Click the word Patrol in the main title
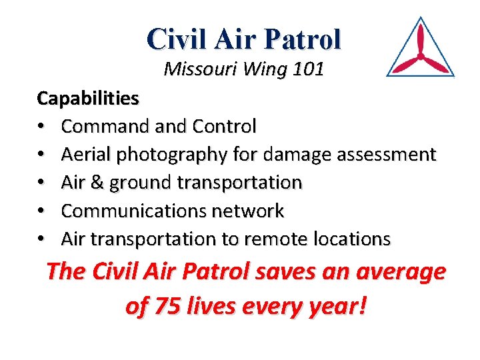point(303,39)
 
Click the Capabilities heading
point(88,99)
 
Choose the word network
point(247,211)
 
